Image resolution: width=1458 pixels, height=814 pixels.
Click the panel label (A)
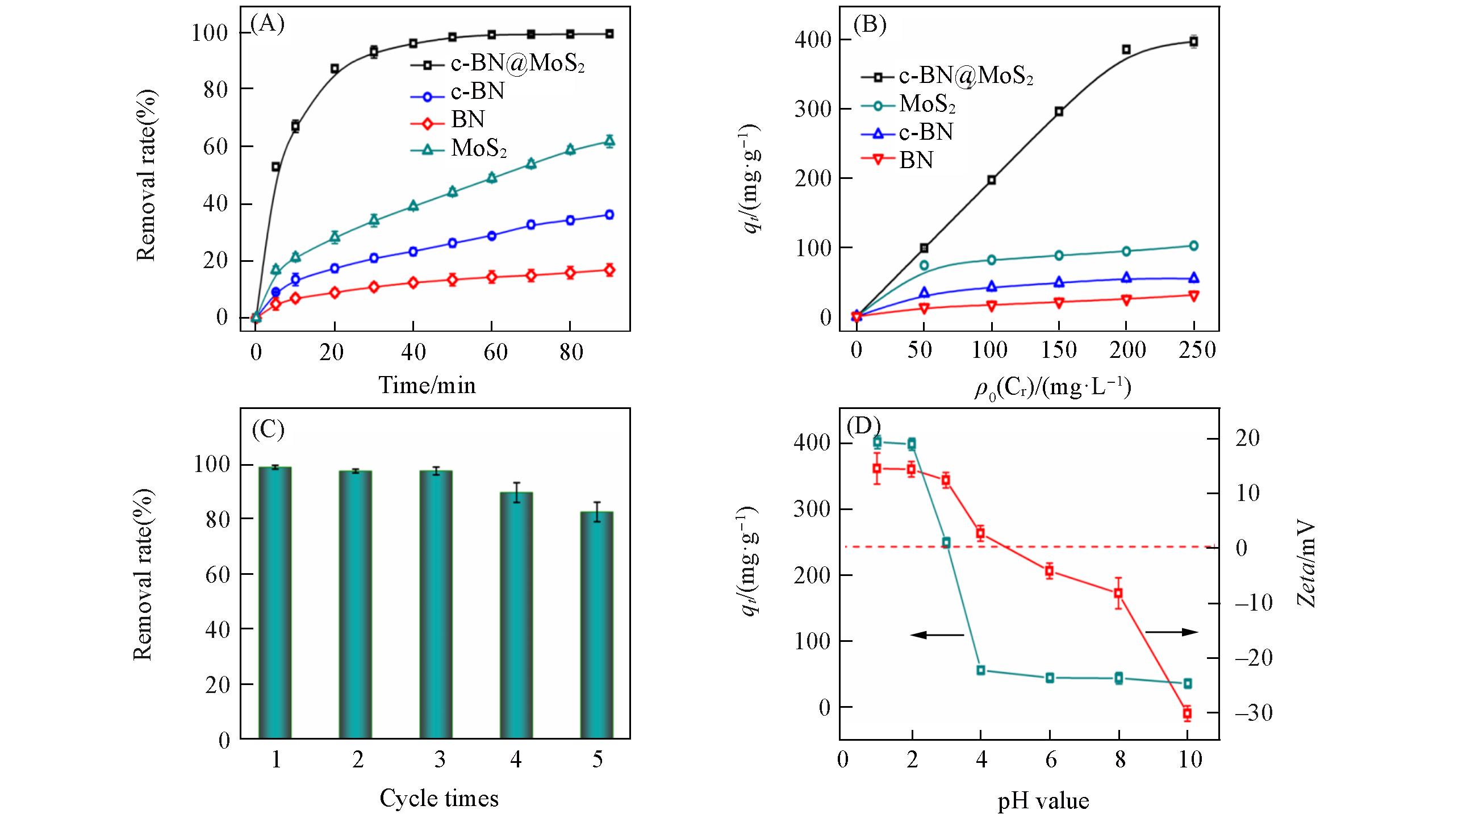point(268,24)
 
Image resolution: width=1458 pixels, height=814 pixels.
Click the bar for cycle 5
point(596,625)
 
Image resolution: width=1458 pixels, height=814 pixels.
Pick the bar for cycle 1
point(275,602)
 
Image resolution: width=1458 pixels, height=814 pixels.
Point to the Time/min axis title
point(427,385)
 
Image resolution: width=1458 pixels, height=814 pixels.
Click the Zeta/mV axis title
point(1307,565)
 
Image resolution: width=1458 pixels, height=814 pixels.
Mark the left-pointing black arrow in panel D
point(937,634)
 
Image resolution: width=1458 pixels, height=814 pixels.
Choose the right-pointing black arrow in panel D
point(1171,632)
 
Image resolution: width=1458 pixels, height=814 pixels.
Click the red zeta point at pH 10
point(1187,713)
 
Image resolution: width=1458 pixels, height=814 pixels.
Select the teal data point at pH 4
point(981,670)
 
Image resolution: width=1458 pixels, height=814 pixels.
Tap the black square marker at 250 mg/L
point(1194,41)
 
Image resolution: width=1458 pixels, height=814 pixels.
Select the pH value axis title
point(1043,801)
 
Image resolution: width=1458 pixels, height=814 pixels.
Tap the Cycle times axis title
point(439,798)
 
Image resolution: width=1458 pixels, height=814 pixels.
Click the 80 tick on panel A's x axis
point(571,352)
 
